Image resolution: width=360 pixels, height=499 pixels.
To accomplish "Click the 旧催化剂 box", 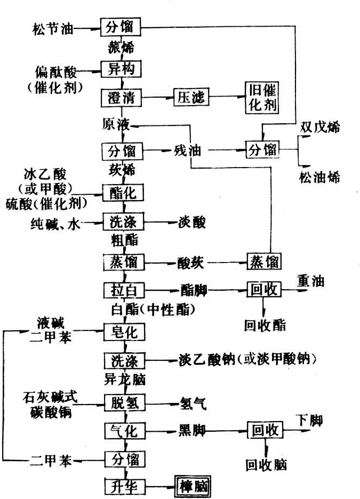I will (262, 98).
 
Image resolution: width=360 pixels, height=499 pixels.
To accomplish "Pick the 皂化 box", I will (124, 332).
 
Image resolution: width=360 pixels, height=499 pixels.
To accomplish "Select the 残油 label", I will (187, 151).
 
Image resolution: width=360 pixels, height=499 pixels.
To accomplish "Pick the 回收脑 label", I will (266, 465).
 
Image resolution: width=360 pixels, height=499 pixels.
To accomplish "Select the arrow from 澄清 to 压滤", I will (157, 98).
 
